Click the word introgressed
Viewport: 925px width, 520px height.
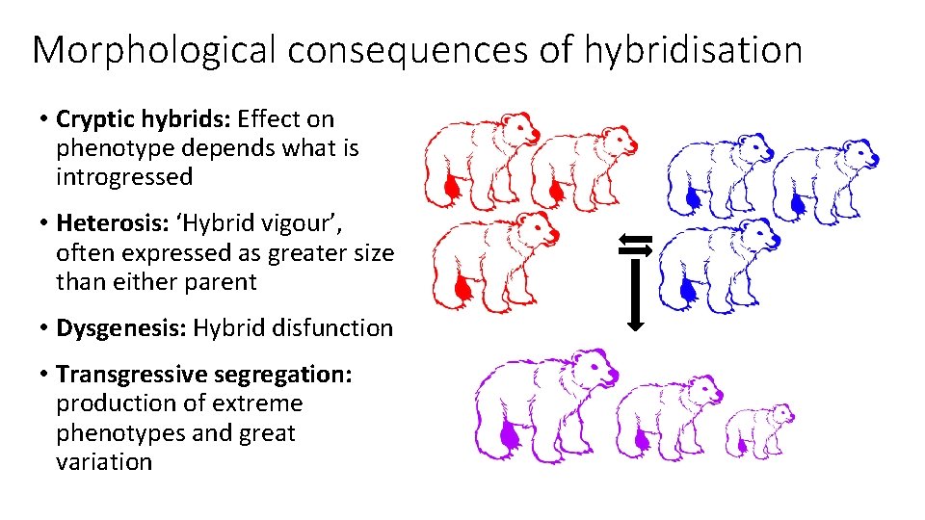click(124, 177)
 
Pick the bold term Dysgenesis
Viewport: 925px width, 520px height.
click(121, 328)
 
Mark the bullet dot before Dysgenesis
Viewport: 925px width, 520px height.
click(45, 328)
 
